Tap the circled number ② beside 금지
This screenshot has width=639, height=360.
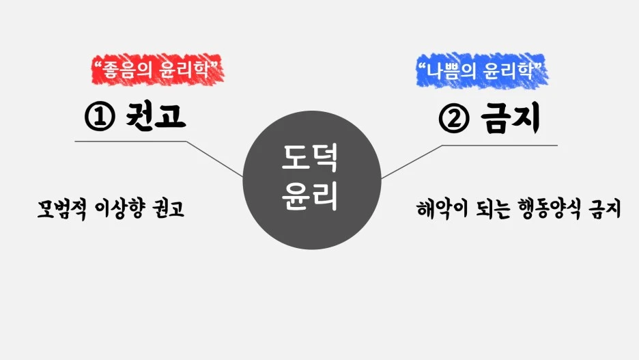coord(454,120)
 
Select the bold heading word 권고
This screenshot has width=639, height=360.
coord(156,116)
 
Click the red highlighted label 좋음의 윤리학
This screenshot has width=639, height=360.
coord(158,68)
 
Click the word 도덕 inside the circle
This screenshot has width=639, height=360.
coord(311,160)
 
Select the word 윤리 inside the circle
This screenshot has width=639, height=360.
coord(311,195)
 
